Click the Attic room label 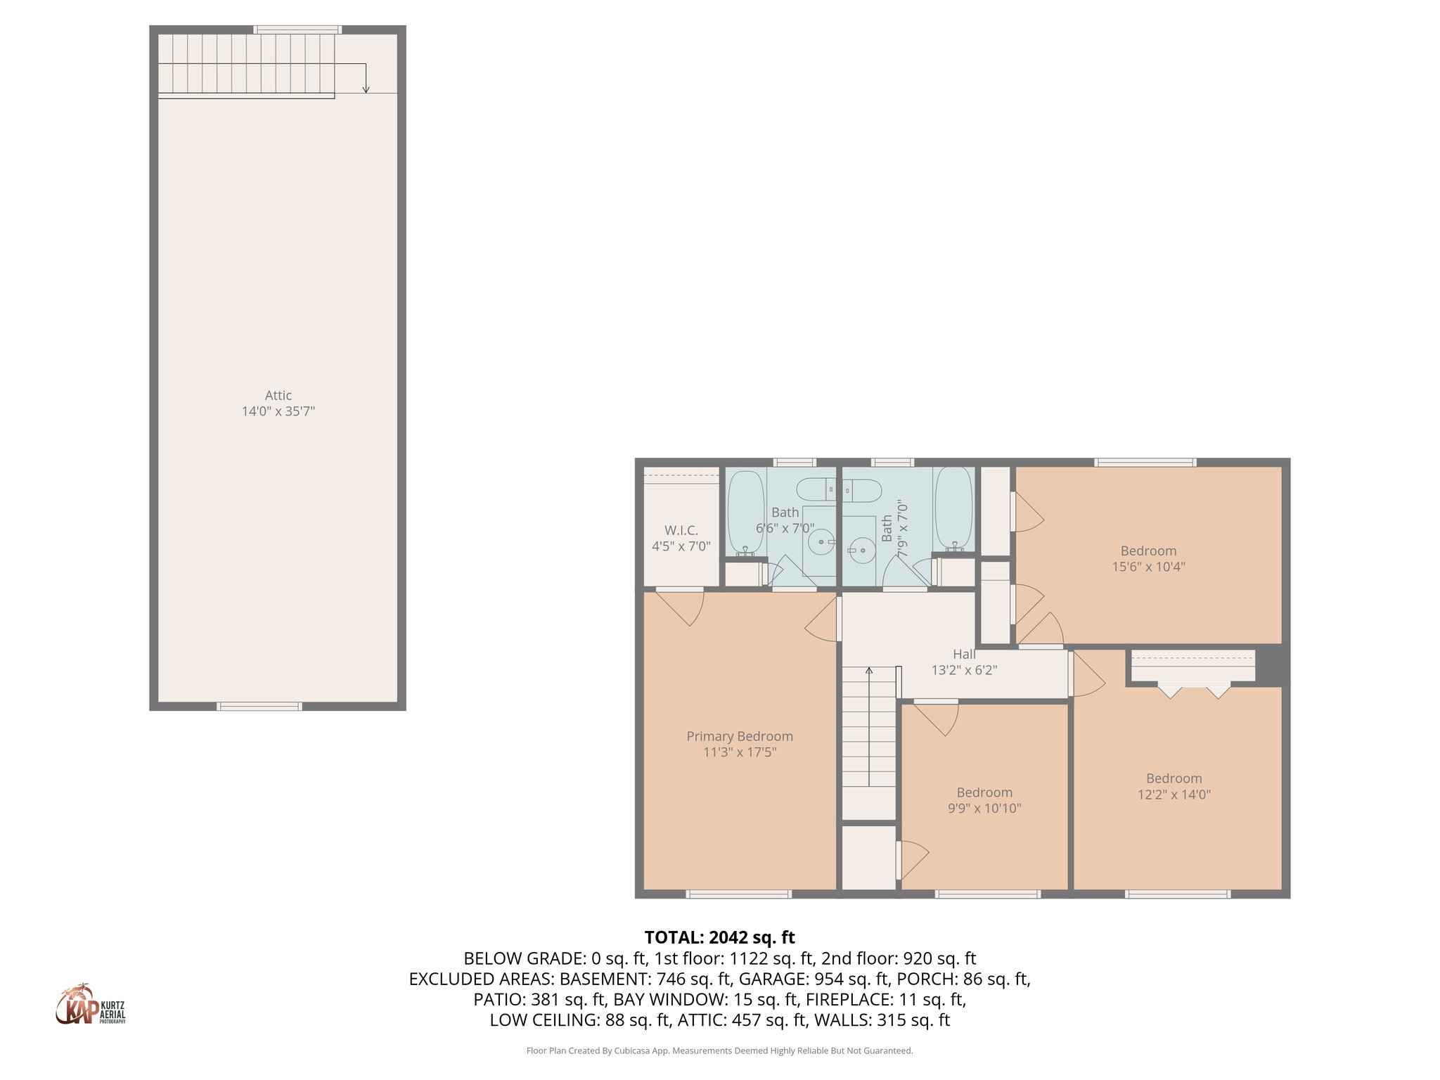pyautogui.click(x=278, y=396)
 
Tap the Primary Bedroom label pyautogui.click(x=740, y=736)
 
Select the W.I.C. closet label pyautogui.click(x=681, y=531)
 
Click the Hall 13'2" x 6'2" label pyautogui.click(x=964, y=662)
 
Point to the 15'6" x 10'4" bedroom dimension pyautogui.click(x=1148, y=567)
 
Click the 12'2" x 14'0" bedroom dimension pyautogui.click(x=1174, y=795)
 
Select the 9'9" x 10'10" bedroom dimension pyautogui.click(x=984, y=809)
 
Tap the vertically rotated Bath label pyautogui.click(x=887, y=528)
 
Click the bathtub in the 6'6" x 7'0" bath pyautogui.click(x=745, y=512)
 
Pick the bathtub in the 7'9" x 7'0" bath pyautogui.click(x=954, y=508)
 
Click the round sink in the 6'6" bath pyautogui.click(x=821, y=542)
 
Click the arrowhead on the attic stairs pyautogui.click(x=366, y=89)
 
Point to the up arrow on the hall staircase pyautogui.click(x=869, y=671)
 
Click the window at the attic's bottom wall pyautogui.click(x=259, y=706)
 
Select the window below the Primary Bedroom pyautogui.click(x=738, y=894)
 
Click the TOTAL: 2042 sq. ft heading pyautogui.click(x=719, y=937)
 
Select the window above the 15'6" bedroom pyautogui.click(x=1145, y=463)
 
